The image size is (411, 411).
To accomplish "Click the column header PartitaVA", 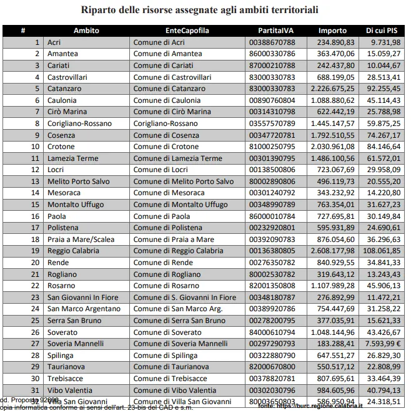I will (x=275, y=31).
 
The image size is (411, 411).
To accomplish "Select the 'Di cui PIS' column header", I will (x=382, y=31).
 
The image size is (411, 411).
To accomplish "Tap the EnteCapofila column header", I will (x=187, y=31).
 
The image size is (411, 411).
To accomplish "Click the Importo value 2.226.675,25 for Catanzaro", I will (x=332, y=89).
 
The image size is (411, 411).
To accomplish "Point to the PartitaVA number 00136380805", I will (x=272, y=251).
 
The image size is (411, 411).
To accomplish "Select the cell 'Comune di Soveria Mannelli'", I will (x=181, y=344).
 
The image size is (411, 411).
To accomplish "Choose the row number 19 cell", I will (x=36, y=251).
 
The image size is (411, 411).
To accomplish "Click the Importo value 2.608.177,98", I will (x=332, y=251).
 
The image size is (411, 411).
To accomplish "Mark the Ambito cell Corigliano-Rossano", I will (x=79, y=123).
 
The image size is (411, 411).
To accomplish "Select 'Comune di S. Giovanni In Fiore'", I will (x=185, y=297).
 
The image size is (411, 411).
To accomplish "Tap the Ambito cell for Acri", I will (x=54, y=42).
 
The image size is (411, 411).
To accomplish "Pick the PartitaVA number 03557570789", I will (x=272, y=123).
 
